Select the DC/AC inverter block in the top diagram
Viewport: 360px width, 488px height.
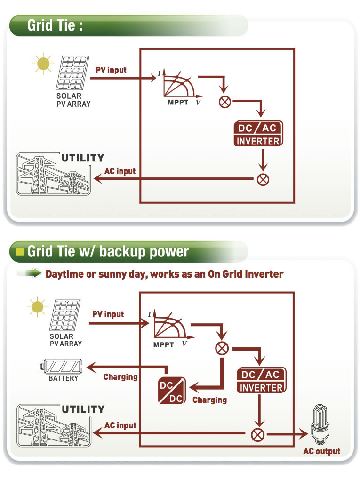[258, 134]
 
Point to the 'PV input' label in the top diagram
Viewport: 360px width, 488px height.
[111, 70]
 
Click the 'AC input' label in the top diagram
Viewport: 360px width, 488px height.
[120, 171]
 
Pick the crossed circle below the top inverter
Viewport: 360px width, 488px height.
[263, 179]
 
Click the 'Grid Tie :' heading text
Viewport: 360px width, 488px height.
[55, 25]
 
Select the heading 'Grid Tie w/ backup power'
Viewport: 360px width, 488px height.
[108, 251]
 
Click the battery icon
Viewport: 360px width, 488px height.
[63, 366]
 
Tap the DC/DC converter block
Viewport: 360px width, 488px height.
[172, 390]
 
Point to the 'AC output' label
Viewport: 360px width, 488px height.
[321, 451]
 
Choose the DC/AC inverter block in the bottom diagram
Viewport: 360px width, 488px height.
[261, 381]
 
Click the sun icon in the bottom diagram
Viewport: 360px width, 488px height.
[37, 308]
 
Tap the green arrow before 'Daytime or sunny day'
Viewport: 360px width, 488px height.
[31, 273]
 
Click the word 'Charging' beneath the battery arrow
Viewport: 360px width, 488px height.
[120, 377]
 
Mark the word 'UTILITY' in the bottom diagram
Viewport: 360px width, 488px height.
[83, 409]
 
